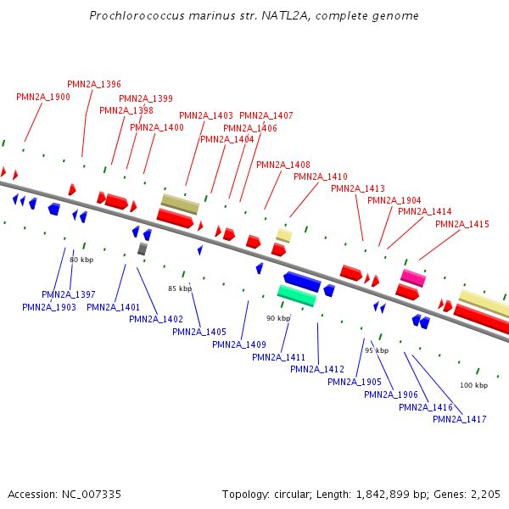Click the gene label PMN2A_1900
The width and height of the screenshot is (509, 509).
click(x=43, y=97)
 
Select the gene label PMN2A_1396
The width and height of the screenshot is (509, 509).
click(x=94, y=84)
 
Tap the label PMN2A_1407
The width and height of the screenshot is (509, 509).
click(x=266, y=115)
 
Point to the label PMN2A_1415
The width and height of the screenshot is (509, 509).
click(x=462, y=224)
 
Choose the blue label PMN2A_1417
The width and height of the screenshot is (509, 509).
click(x=459, y=419)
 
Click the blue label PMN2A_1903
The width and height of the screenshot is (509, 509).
click(x=49, y=307)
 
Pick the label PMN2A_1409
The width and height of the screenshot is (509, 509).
click(x=239, y=344)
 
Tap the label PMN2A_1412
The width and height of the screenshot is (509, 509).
click(x=317, y=369)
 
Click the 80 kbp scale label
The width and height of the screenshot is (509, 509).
click(x=81, y=260)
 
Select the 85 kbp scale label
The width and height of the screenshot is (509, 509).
click(x=181, y=288)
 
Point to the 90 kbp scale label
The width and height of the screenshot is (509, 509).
click(x=278, y=318)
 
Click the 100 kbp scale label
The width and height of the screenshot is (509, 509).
click(x=474, y=385)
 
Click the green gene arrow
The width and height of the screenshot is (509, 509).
click(x=297, y=295)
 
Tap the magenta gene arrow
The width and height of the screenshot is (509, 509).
click(x=413, y=277)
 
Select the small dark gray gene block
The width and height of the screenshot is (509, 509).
click(x=143, y=249)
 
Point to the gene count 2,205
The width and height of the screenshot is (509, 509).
click(x=485, y=494)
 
